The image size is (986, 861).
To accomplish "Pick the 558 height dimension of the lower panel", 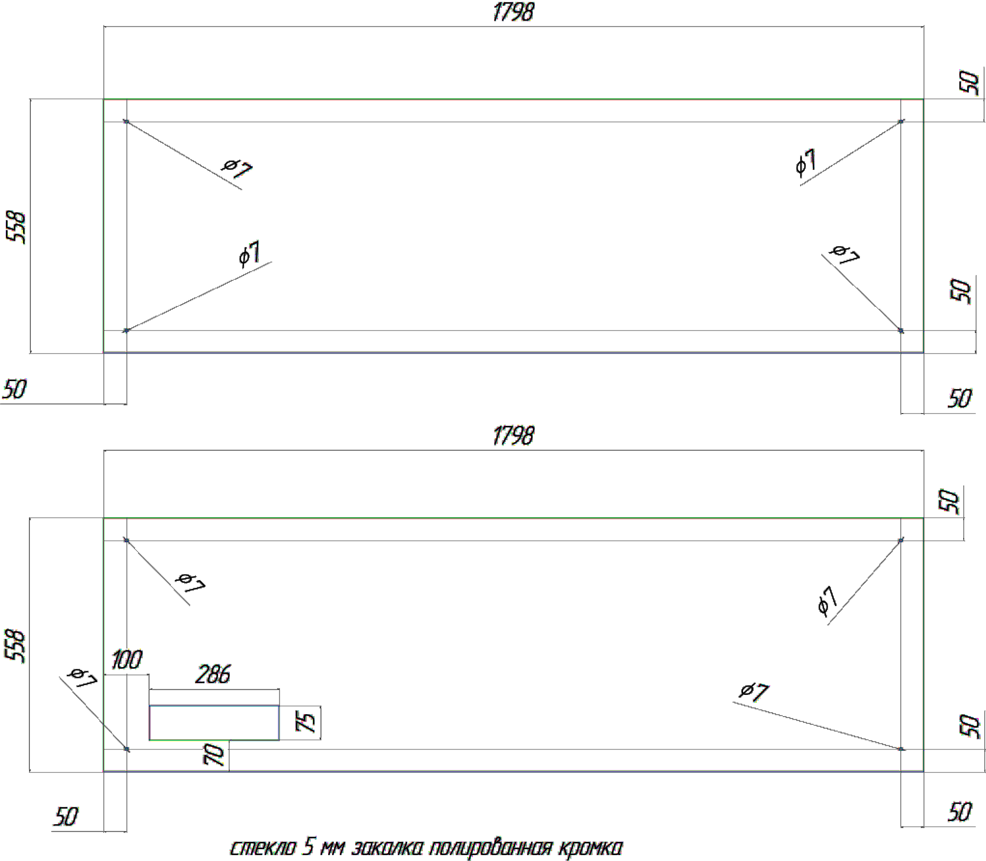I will [15, 646].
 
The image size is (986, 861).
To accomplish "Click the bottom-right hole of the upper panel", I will [901, 331].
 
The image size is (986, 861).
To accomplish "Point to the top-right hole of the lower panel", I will [901, 541].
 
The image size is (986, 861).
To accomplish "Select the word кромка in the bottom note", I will [590, 847].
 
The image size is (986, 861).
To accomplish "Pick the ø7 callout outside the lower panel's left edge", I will [83, 678].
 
